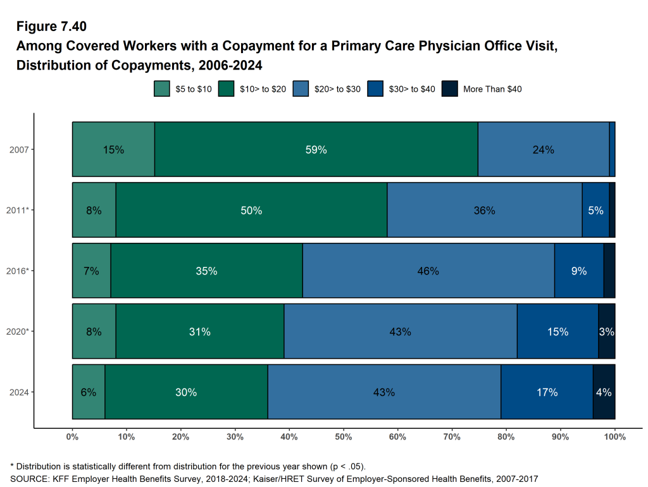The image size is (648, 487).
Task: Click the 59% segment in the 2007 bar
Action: (x=316, y=150)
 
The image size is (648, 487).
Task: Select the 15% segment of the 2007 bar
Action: (x=113, y=150)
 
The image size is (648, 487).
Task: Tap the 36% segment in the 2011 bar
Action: (x=484, y=211)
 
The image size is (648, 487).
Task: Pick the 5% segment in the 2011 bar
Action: (x=595, y=211)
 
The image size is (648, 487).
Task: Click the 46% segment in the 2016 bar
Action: (x=428, y=271)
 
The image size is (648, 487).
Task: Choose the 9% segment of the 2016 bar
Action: (x=579, y=271)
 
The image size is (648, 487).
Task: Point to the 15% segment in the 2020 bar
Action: (x=558, y=331)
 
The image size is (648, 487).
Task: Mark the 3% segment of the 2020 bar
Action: (x=606, y=331)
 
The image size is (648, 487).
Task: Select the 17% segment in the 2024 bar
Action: (x=547, y=392)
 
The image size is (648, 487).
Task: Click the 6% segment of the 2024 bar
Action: (x=89, y=392)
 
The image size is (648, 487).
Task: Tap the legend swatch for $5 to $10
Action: (x=162, y=89)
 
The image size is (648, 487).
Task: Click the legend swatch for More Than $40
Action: (x=449, y=89)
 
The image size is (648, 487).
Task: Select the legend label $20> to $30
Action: (x=337, y=89)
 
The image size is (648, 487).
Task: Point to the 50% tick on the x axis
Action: (x=344, y=436)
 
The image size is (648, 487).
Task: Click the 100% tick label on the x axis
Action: (x=614, y=436)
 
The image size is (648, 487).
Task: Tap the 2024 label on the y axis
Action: (x=19, y=392)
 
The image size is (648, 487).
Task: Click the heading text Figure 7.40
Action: (x=52, y=27)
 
